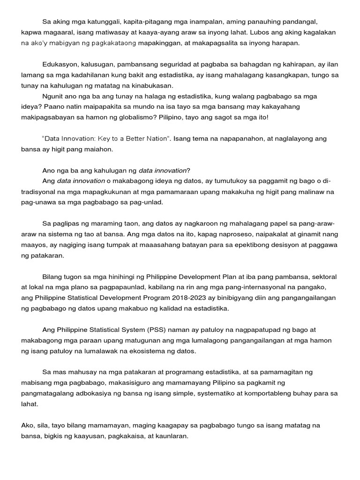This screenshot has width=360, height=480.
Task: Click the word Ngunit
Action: click(53, 96)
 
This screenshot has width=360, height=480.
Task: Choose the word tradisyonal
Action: click(43, 192)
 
